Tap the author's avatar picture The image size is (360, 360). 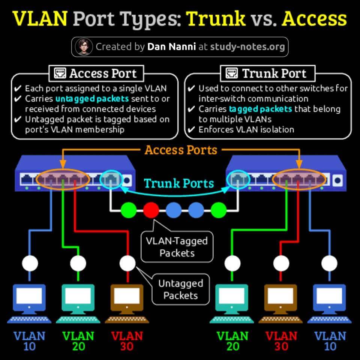[84, 47]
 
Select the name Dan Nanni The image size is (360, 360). [171, 46]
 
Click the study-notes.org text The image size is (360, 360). [247, 47]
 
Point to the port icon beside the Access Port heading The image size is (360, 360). [60, 73]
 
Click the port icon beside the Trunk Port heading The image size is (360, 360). [231, 73]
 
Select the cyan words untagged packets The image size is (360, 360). [92, 99]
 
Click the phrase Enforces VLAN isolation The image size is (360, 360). [246, 130]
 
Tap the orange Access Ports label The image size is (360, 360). [181, 150]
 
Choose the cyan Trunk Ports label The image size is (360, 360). [179, 183]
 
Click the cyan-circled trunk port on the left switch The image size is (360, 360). [111, 179]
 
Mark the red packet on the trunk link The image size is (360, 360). [151, 210]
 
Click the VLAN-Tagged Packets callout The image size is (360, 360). [177, 247]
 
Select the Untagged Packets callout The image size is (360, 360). [181, 289]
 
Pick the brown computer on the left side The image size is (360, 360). [127, 303]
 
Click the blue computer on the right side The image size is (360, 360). [330, 303]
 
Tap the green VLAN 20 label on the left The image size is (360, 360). [78, 341]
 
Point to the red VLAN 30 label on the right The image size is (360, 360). [281, 341]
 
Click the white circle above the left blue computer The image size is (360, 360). [30, 263]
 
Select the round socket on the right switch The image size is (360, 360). [337, 180]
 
